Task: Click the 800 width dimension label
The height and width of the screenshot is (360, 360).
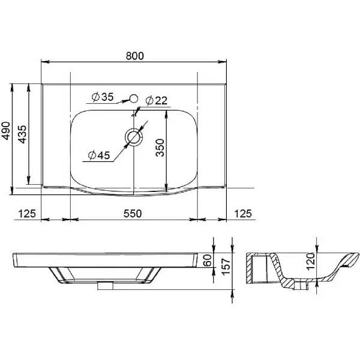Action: [x=135, y=56]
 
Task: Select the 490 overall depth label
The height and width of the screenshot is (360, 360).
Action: [x=5, y=131]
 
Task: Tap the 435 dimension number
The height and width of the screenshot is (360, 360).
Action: [x=22, y=134]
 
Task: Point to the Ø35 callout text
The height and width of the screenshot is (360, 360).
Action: [x=103, y=97]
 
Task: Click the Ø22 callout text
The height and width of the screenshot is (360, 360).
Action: [x=157, y=101]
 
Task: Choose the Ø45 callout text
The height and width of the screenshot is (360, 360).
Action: [x=99, y=155]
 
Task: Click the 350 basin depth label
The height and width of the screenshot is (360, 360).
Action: [x=160, y=148]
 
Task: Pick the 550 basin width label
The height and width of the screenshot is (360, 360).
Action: [x=133, y=214]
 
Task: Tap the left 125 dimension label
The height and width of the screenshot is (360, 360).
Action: [x=27, y=214]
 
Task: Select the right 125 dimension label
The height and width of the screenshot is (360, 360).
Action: [x=243, y=214]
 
